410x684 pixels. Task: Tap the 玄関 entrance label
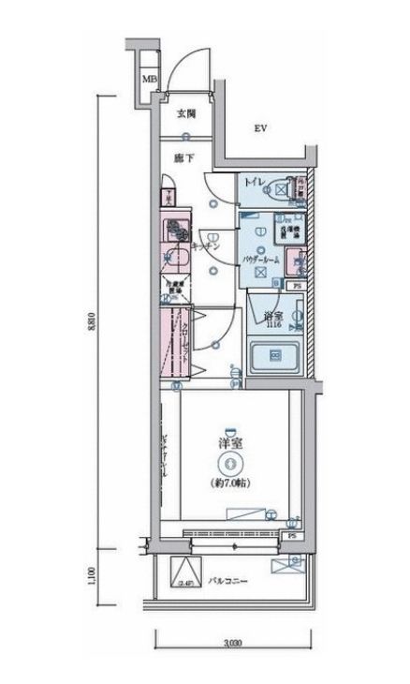pos(185,114)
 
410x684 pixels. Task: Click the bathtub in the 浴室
pos(275,356)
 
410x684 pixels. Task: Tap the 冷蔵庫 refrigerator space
pos(172,287)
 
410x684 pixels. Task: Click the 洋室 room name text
pos(229,442)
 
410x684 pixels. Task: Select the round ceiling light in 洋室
pos(229,462)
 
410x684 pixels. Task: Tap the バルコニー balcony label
pos(227,581)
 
